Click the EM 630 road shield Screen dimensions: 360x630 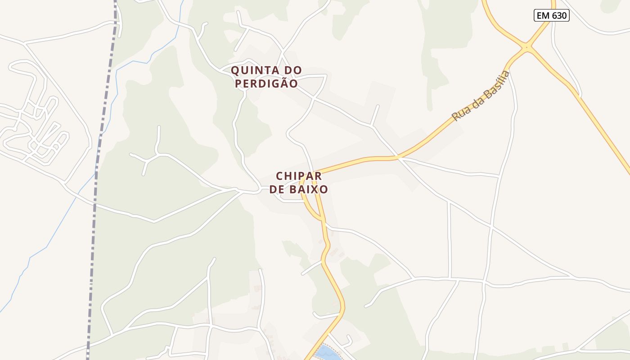point(552,16)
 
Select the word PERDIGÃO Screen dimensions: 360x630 point(266,84)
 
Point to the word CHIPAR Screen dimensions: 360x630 point(299,176)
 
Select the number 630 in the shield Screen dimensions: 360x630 point(559,16)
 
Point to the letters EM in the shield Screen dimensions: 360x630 point(542,16)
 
